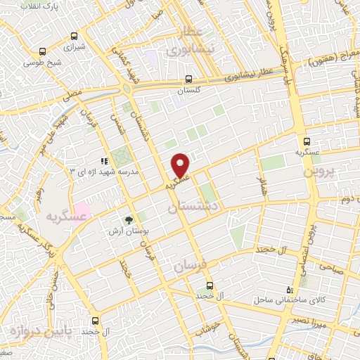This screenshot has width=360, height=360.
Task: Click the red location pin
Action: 181,165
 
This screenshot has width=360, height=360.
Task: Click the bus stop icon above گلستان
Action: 188,79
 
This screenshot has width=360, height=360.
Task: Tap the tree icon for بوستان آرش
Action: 129,221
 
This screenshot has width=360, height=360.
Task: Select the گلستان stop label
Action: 188,91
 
